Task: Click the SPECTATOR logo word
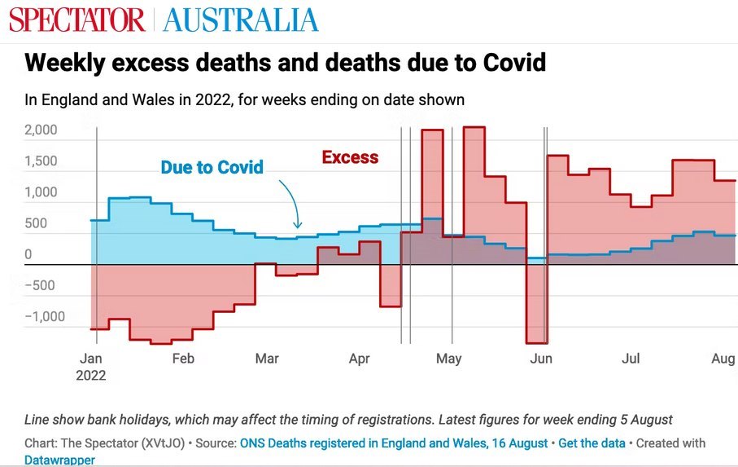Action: click(x=77, y=20)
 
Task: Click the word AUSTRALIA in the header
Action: click(x=241, y=20)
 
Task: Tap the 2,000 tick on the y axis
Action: click(x=41, y=130)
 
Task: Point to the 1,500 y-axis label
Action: click(x=41, y=161)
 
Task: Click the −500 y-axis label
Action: click(x=42, y=285)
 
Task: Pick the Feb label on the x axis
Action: click(x=183, y=359)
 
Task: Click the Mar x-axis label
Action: click(x=267, y=359)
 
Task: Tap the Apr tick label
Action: click(x=359, y=359)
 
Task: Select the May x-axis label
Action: click(x=448, y=359)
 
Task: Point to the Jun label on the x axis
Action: click(x=541, y=359)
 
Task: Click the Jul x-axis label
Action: click(x=631, y=359)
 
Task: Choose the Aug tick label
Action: click(x=723, y=359)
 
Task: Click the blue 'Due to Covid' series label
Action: click(x=212, y=168)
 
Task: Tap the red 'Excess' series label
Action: click(x=350, y=157)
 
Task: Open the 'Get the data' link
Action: click(x=592, y=443)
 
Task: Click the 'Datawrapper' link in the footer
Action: click(x=59, y=460)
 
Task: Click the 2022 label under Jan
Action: click(x=90, y=376)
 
